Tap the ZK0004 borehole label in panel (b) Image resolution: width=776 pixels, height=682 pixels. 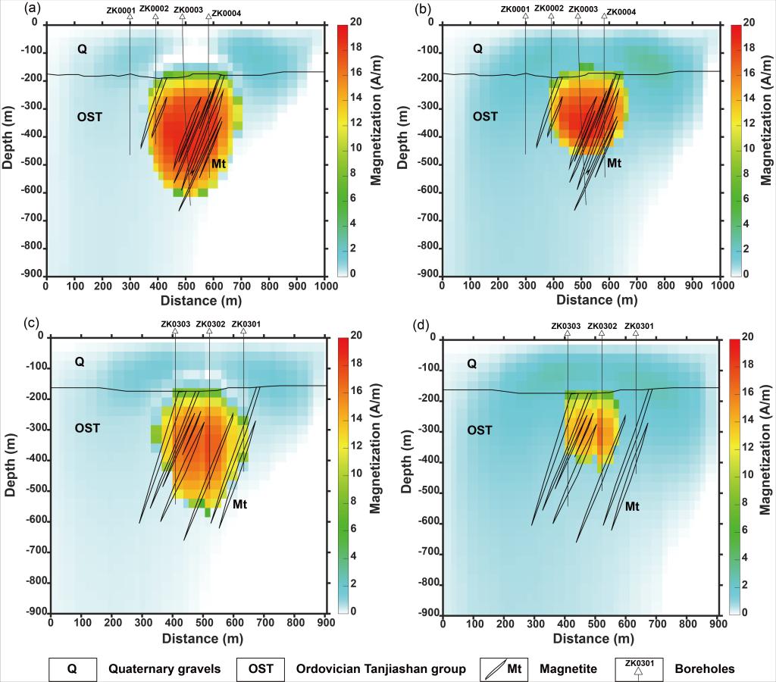(x=621, y=12)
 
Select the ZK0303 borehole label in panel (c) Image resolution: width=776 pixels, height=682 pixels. (x=174, y=324)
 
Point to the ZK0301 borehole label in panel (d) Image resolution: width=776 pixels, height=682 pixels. (x=640, y=326)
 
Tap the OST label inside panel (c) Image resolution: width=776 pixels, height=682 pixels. (x=87, y=428)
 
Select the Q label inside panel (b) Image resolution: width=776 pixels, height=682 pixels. (x=477, y=49)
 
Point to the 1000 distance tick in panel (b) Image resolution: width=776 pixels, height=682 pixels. (x=722, y=286)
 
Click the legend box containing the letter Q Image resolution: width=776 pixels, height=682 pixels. (x=73, y=668)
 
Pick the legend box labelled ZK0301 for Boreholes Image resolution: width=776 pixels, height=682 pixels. (x=640, y=668)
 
